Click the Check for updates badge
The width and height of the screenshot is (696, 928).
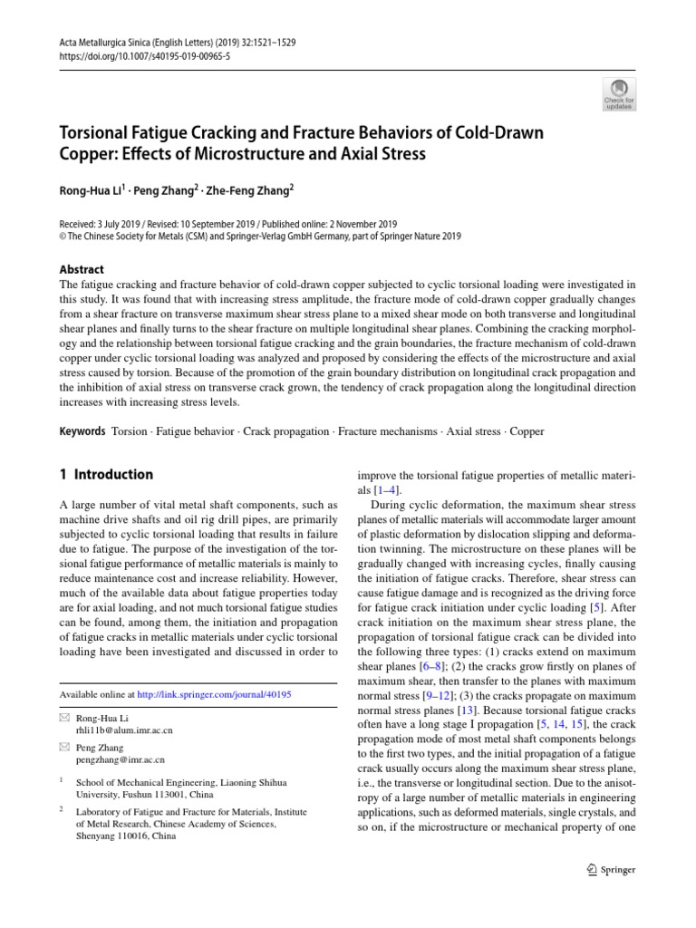[620, 92]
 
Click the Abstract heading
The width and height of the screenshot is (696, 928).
[82, 269]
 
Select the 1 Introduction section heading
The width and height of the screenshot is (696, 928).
[106, 474]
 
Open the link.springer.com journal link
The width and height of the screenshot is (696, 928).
[215, 694]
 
